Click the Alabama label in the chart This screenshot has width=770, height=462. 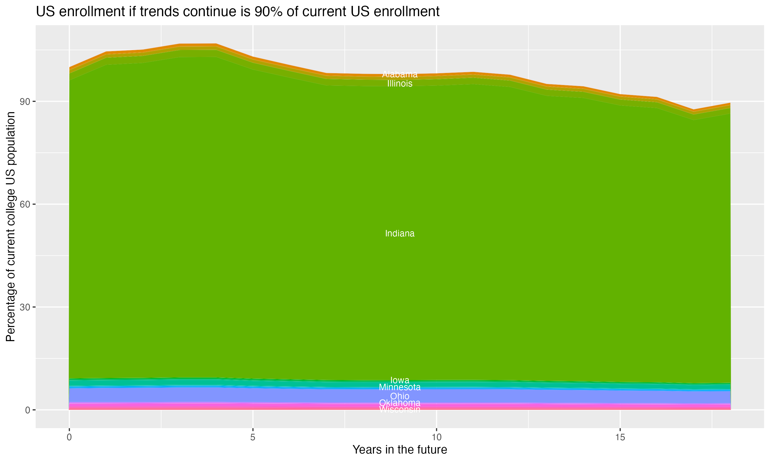coord(400,74)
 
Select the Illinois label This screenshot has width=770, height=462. coord(400,83)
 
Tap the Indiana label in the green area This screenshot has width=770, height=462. coord(400,234)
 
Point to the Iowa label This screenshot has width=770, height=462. coord(400,380)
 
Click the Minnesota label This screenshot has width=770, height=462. coord(400,387)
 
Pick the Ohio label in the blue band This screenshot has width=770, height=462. coord(400,396)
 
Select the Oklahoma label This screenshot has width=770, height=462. coord(400,403)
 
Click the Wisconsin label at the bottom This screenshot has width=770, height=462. coord(400,409)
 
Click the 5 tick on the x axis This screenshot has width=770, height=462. coord(253,437)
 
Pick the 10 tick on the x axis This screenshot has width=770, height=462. coord(437,437)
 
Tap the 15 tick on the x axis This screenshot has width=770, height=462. coord(620,437)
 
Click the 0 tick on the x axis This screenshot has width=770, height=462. coord(69,437)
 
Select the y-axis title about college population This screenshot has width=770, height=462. coord(11,227)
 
